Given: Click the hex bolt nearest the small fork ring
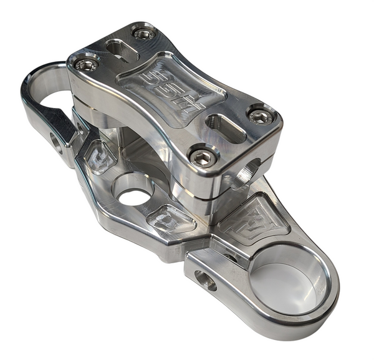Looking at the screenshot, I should click(86, 64).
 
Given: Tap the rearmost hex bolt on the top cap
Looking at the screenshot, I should click(144, 34).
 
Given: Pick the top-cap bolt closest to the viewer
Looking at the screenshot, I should click(203, 157).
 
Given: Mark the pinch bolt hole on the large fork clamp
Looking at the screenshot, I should click(205, 280).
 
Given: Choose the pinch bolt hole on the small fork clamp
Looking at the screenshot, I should click(57, 144).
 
